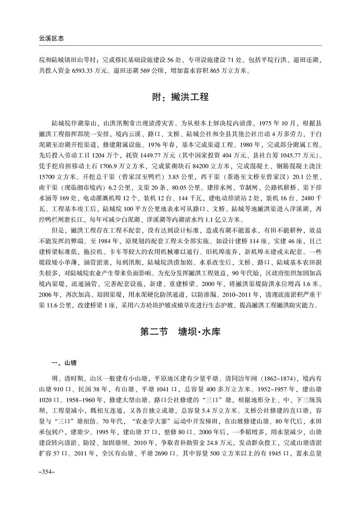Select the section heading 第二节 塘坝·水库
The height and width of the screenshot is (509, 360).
180,332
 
